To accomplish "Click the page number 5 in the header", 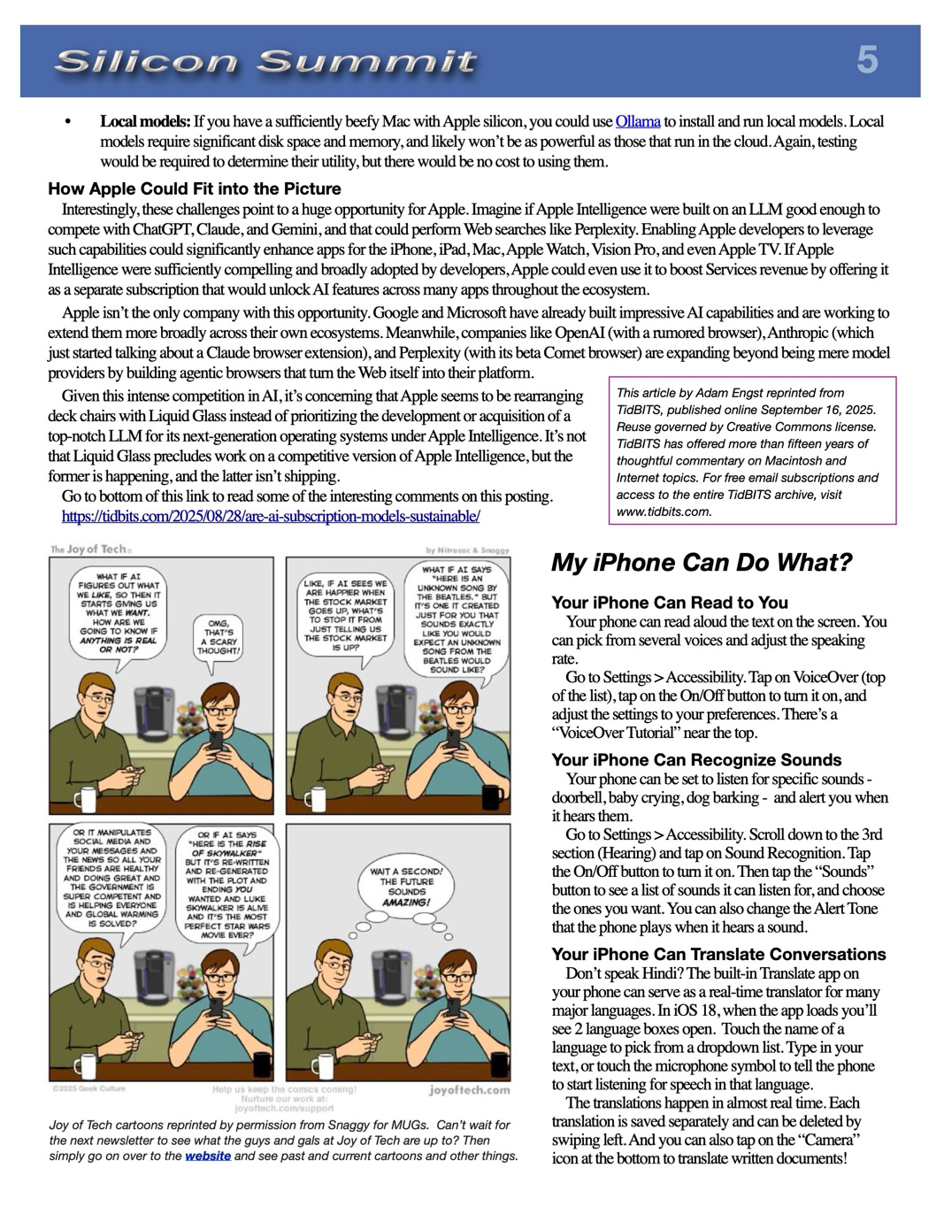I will click(x=867, y=60).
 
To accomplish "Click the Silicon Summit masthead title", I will click(x=265, y=61).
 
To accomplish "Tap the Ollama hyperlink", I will click(x=637, y=121).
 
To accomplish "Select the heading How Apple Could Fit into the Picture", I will click(x=195, y=188).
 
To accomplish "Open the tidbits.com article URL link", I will click(x=271, y=516).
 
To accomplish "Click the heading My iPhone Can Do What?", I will click(x=701, y=563).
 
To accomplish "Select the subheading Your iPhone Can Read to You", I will click(x=669, y=603).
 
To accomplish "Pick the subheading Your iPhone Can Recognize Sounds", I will click(x=696, y=760).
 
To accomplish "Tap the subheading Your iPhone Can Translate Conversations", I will click(x=718, y=954).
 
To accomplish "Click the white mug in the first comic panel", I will click(x=85, y=799).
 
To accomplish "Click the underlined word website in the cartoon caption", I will click(x=208, y=1156).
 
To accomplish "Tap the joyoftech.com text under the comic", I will click(x=469, y=1090).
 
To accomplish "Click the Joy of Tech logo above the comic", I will click(x=89, y=550).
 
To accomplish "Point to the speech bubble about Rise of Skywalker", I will click(x=226, y=885).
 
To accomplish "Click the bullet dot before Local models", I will click(x=68, y=121).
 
